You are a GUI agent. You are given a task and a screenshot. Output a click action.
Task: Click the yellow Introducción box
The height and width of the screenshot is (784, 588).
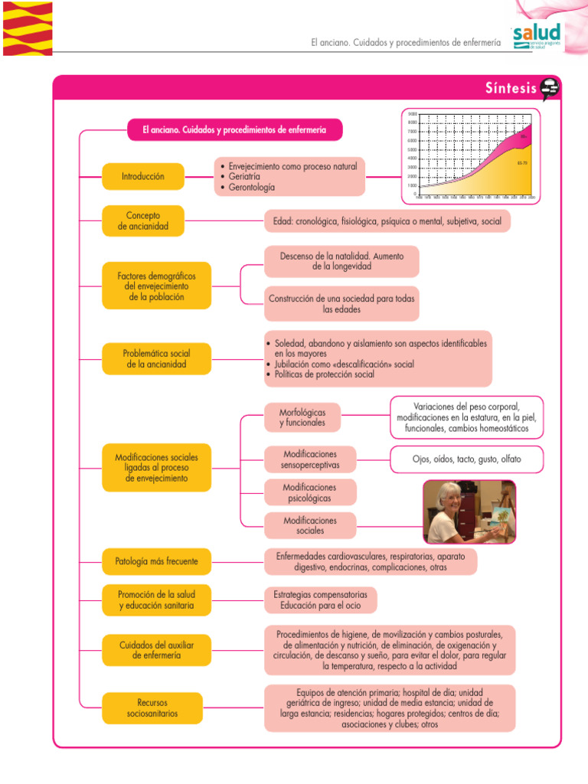click(143, 176)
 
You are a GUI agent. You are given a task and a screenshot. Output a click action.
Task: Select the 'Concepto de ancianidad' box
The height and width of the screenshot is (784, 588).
click(143, 221)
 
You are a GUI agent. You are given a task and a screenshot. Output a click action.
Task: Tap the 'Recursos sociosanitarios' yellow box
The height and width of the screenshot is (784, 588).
click(152, 707)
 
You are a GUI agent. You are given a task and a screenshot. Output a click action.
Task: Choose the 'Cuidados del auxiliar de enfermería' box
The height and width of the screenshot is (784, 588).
click(157, 650)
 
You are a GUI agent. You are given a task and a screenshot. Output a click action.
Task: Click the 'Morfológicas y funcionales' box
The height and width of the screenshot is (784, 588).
click(302, 417)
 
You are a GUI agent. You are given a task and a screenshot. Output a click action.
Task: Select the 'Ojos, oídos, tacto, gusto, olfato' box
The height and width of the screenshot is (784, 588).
click(467, 459)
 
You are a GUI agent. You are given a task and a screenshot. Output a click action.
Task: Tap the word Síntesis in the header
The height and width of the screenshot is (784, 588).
click(511, 89)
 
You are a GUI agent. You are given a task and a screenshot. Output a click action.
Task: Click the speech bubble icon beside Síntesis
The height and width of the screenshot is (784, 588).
click(550, 90)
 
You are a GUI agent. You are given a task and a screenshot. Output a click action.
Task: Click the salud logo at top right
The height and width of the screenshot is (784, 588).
click(537, 35)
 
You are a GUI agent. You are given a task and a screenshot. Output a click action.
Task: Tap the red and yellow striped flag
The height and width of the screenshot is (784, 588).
click(28, 28)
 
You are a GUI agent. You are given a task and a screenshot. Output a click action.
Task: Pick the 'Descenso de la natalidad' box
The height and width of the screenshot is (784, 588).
click(341, 261)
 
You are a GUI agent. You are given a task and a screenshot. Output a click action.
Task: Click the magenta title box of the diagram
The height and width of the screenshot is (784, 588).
click(234, 130)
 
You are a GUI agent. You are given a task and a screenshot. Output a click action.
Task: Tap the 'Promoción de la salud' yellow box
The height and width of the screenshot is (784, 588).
click(157, 599)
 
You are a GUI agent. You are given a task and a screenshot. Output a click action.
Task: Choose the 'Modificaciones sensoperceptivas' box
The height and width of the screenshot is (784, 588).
click(309, 459)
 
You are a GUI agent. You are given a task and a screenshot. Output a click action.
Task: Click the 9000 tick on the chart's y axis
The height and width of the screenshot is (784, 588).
click(413, 113)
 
